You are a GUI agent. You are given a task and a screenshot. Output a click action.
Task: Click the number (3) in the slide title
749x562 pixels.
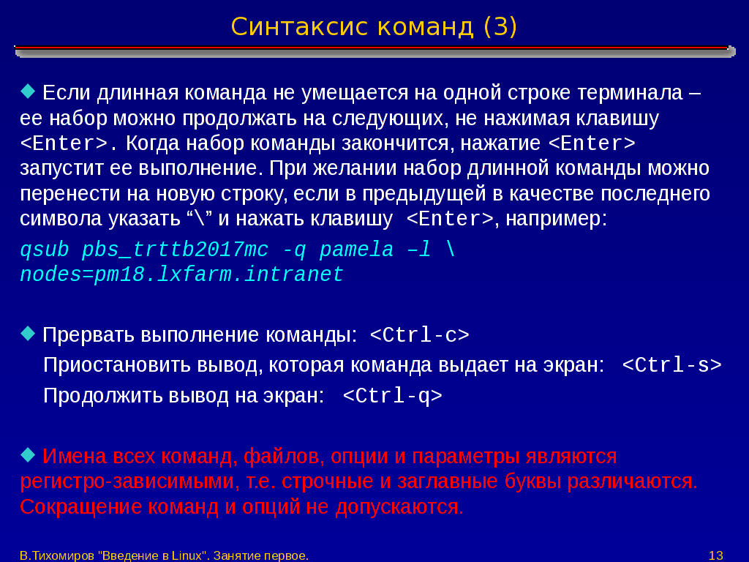[x=500, y=27]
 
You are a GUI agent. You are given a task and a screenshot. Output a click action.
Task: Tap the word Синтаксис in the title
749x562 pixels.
[x=300, y=27]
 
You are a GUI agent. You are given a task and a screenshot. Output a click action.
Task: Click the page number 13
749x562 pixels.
[x=716, y=555]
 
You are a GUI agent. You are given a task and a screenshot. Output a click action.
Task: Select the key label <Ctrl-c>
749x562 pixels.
[x=419, y=335]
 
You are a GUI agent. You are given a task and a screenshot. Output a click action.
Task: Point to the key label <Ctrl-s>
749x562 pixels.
[x=671, y=365]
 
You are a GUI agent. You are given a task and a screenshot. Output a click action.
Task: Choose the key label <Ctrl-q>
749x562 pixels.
[x=392, y=396]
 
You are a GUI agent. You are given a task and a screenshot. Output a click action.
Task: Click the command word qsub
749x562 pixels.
[x=45, y=250]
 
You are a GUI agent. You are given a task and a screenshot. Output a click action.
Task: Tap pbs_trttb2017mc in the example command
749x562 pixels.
[x=176, y=250]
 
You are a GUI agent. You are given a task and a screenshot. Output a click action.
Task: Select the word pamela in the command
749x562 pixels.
[x=356, y=250]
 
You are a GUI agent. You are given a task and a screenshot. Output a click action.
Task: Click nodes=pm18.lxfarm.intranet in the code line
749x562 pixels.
[x=181, y=275]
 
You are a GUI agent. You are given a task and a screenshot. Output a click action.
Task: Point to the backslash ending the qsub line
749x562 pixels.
[x=450, y=250]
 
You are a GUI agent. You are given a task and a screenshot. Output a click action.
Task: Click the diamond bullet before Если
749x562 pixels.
[x=29, y=91]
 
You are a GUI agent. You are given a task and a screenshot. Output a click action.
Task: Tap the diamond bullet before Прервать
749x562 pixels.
[x=29, y=333]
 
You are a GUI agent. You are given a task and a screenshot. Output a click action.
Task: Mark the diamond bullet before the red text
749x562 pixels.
[x=29, y=454]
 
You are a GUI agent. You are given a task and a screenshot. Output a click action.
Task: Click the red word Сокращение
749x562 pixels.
[x=80, y=506]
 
